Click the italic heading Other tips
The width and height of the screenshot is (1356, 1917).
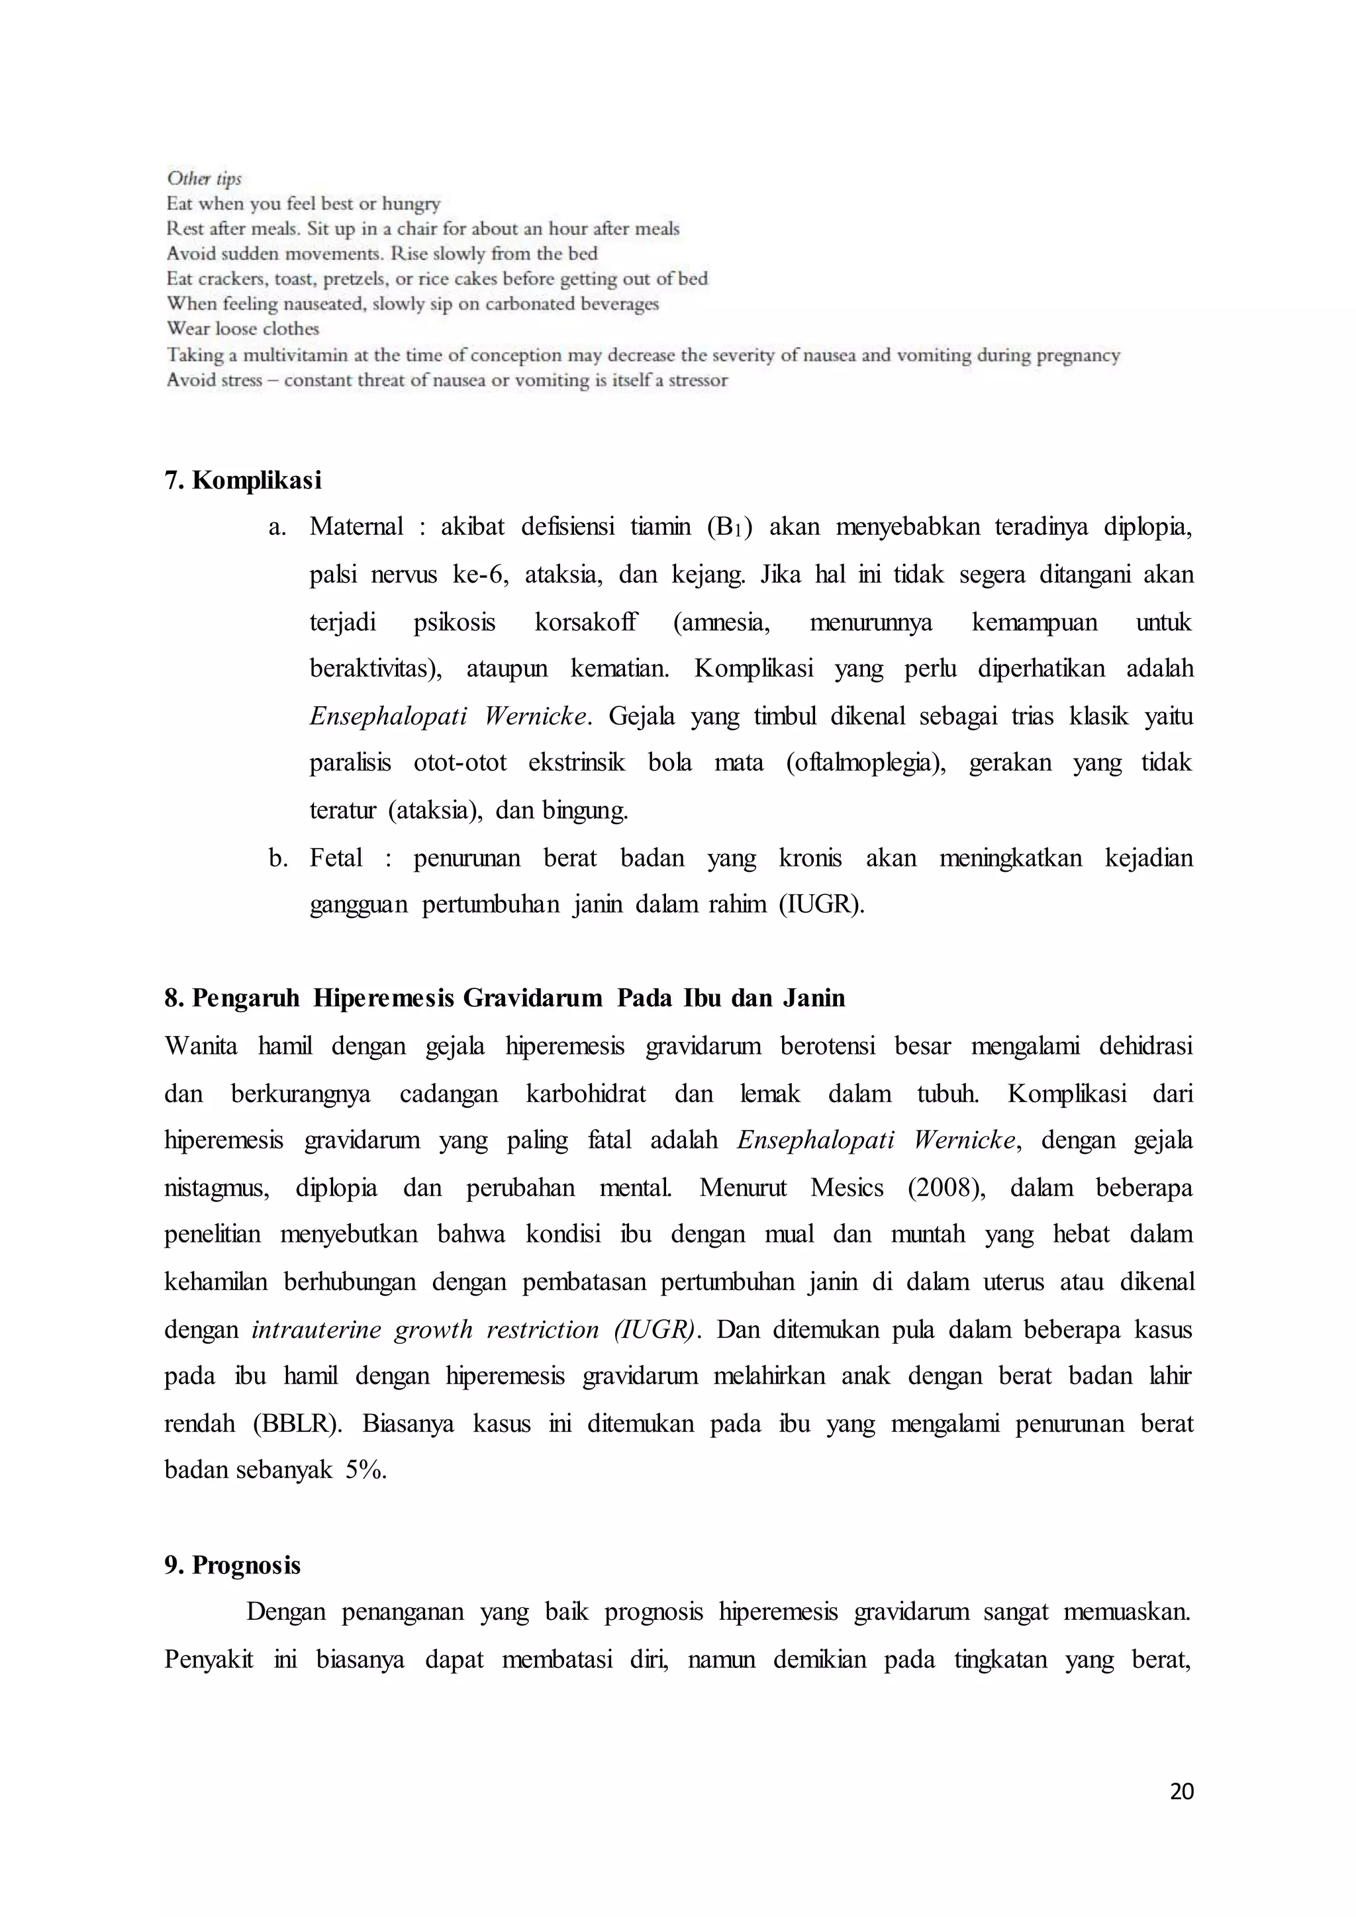(x=204, y=179)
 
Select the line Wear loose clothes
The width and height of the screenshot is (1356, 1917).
(x=243, y=329)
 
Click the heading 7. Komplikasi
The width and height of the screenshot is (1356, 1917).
(x=243, y=481)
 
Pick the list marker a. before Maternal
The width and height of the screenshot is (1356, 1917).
(x=277, y=527)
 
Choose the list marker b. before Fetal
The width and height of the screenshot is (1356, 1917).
(x=278, y=859)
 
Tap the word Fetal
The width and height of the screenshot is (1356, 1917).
(x=336, y=859)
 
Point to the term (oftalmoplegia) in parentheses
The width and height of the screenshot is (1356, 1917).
(x=866, y=763)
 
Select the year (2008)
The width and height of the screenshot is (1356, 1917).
(x=946, y=1188)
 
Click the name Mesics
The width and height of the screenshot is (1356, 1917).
(x=847, y=1188)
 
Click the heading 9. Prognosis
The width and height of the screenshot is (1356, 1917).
(x=233, y=1566)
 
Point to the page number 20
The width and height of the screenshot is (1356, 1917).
(x=1181, y=1792)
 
